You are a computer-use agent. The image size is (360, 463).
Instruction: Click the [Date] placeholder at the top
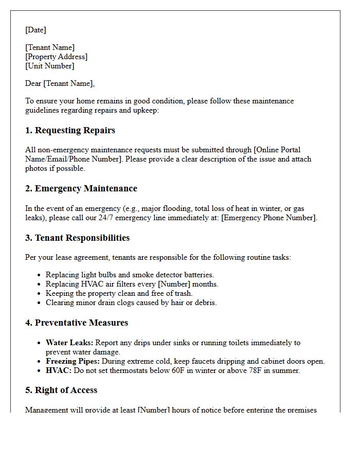point(35,30)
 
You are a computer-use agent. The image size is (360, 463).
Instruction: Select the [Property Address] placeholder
point(56,57)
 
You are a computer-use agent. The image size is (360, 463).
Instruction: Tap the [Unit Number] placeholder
point(49,66)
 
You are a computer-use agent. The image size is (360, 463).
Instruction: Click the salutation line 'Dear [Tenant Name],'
point(60,83)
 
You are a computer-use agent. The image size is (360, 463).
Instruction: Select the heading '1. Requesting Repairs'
point(70,130)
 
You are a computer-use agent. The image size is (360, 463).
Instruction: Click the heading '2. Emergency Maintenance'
point(81,188)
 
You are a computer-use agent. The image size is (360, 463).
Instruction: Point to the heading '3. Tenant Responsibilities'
point(77,238)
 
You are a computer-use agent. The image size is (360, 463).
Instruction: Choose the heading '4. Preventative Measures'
point(77,323)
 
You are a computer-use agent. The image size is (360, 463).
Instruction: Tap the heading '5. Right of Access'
point(61,390)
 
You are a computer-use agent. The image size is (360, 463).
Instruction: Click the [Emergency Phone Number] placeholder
point(269,218)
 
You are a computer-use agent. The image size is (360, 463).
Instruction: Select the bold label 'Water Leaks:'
point(69,343)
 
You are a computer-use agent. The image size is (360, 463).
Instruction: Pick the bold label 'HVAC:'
point(58,370)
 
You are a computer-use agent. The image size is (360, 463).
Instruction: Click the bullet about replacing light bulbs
point(130,275)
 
